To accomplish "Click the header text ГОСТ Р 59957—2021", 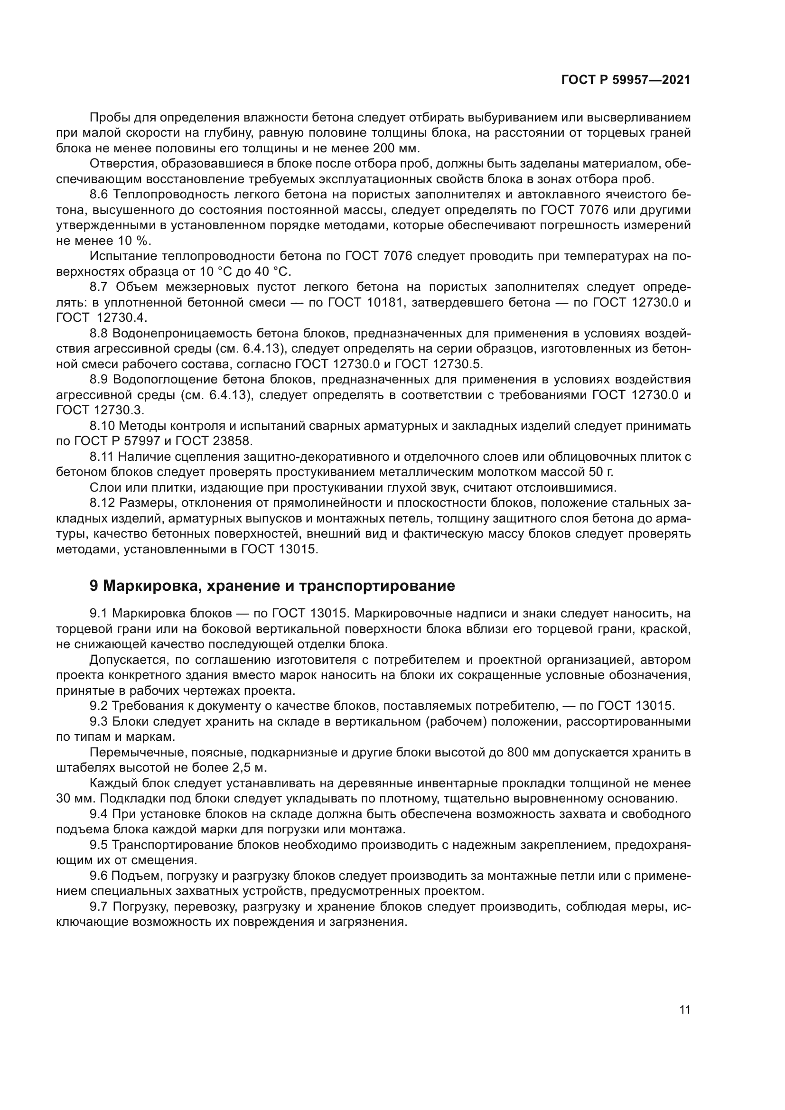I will click(x=626, y=80).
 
